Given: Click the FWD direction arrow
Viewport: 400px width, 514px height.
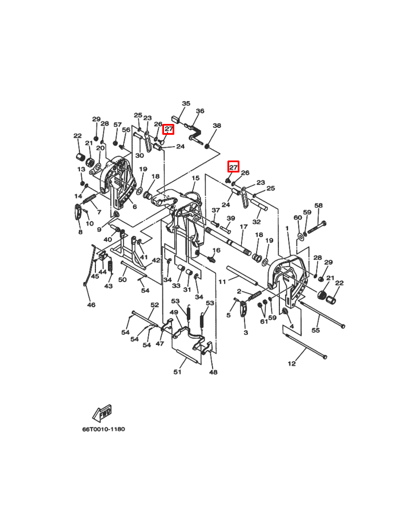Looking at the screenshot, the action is point(102,413).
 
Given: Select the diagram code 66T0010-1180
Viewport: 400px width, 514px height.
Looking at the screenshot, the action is point(103,429).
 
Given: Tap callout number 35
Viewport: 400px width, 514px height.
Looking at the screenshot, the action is point(186,103).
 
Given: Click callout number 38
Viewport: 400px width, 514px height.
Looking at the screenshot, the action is point(217,125).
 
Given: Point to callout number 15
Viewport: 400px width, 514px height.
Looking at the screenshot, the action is point(195,178).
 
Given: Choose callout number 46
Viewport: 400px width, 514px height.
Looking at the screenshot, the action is point(91,305).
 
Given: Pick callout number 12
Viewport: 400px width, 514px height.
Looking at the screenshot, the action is point(291,363).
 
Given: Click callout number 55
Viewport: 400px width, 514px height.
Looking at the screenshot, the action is point(315,330).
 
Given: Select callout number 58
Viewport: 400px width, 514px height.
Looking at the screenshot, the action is point(318,206).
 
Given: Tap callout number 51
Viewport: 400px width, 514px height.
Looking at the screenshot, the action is point(177,372).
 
